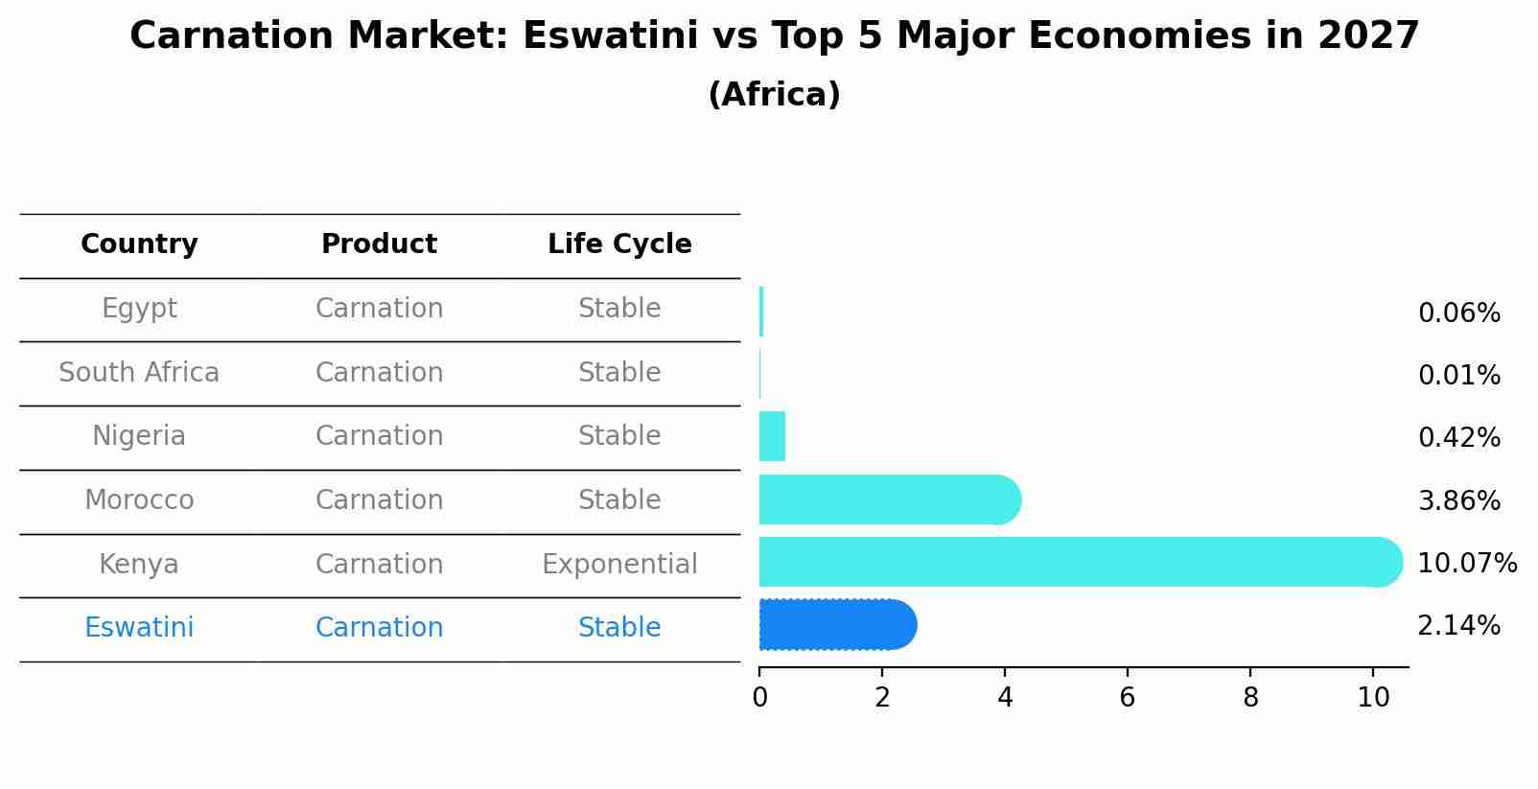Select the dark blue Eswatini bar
tap(834, 625)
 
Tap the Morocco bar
tap(887, 499)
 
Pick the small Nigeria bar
tap(772, 436)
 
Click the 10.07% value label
tap(1466, 564)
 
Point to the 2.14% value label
tap(1458, 626)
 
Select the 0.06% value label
tap(1458, 313)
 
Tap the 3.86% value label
tap(1458, 500)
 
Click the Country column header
tap(139, 244)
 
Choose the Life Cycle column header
tap(619, 244)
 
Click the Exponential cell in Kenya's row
tap(619, 565)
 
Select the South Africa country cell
tap(139, 373)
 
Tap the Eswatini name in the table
tap(139, 628)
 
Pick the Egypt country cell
tap(139, 309)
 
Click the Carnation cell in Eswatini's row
tap(379, 628)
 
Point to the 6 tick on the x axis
tap(1128, 698)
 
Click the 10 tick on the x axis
tap(1373, 698)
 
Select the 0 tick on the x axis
tap(759, 698)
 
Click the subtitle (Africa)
tap(774, 95)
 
